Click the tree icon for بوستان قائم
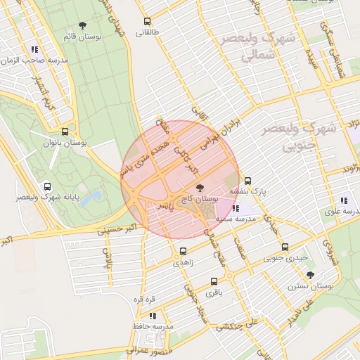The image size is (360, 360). (83, 25)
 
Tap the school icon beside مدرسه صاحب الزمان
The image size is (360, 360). (34, 49)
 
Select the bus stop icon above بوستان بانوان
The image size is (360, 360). (65, 131)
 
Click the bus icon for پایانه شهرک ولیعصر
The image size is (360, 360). (47, 187)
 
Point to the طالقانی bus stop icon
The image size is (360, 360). (147, 21)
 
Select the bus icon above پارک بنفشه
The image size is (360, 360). (247, 180)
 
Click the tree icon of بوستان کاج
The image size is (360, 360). (200, 188)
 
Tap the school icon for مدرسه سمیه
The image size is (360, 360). (235, 208)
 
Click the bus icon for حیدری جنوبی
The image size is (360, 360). (285, 247)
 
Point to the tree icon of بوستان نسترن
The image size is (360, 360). (310, 275)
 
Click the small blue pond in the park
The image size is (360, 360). (89, 198)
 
